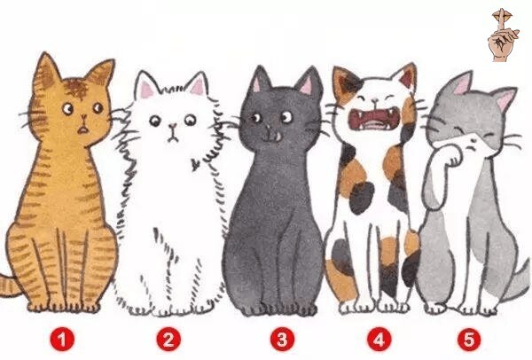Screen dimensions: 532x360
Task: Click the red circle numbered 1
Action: point(62,340)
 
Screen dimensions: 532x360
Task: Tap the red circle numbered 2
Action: point(168,340)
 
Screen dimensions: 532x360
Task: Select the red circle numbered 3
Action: point(282,340)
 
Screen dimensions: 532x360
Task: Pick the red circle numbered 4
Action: point(379,340)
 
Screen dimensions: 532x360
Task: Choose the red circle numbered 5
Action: point(469,340)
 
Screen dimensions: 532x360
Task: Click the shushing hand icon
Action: point(503,35)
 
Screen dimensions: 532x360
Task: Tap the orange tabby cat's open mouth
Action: point(82,130)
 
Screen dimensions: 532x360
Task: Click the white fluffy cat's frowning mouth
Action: point(173,137)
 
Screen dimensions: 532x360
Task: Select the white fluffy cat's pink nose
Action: point(173,127)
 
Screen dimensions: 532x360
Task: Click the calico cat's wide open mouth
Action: point(372,119)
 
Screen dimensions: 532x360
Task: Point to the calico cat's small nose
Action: point(374,100)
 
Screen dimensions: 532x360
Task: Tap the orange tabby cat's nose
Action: point(83,118)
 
